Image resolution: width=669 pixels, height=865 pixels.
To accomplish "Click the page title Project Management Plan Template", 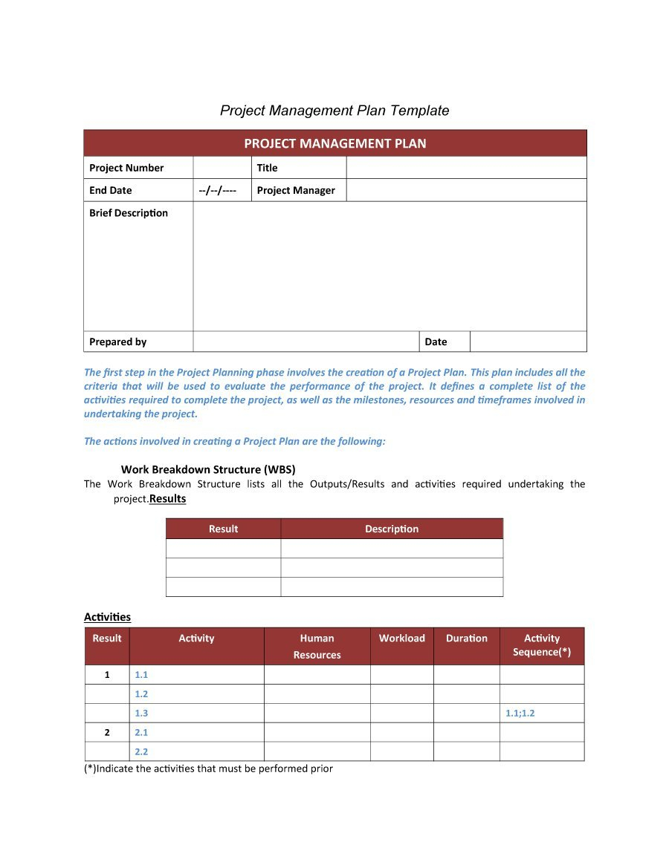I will pyautogui.click(x=334, y=111).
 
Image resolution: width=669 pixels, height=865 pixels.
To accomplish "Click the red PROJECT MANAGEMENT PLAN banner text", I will pyautogui.click(x=335, y=144).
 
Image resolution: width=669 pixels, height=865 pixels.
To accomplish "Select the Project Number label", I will pyautogui.click(x=126, y=168).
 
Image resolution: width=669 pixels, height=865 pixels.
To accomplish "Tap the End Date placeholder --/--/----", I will pyautogui.click(x=218, y=191).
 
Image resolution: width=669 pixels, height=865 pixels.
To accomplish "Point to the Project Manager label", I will pyautogui.click(x=296, y=191).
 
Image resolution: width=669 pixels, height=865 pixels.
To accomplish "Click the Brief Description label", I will pyautogui.click(x=129, y=213).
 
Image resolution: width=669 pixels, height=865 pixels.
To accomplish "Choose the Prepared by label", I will pyautogui.click(x=118, y=342).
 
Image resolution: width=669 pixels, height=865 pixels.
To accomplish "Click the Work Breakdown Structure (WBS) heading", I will pyautogui.click(x=208, y=469).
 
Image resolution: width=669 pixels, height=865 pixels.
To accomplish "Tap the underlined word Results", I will pyautogui.click(x=168, y=499).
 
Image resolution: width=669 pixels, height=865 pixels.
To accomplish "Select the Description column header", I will pyautogui.click(x=392, y=529).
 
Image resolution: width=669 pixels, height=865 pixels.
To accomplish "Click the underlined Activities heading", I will pyautogui.click(x=107, y=617).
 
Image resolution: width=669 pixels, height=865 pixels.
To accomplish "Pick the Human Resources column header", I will pyautogui.click(x=317, y=646).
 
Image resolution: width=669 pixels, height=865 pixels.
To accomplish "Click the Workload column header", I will pyautogui.click(x=402, y=639).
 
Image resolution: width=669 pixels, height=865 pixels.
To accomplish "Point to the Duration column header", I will pyautogui.click(x=467, y=639).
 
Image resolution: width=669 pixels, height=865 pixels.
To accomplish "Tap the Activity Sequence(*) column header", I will pyautogui.click(x=542, y=644).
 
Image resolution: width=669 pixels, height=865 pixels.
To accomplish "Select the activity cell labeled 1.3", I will pyautogui.click(x=141, y=713).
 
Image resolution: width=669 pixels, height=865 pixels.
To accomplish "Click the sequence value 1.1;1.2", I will pyautogui.click(x=520, y=713).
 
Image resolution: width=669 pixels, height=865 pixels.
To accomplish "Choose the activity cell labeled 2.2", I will pyautogui.click(x=141, y=751).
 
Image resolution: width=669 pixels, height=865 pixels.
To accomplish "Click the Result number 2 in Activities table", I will pyautogui.click(x=107, y=732).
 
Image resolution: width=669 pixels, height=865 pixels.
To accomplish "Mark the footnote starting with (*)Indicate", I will pyautogui.click(x=208, y=768).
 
